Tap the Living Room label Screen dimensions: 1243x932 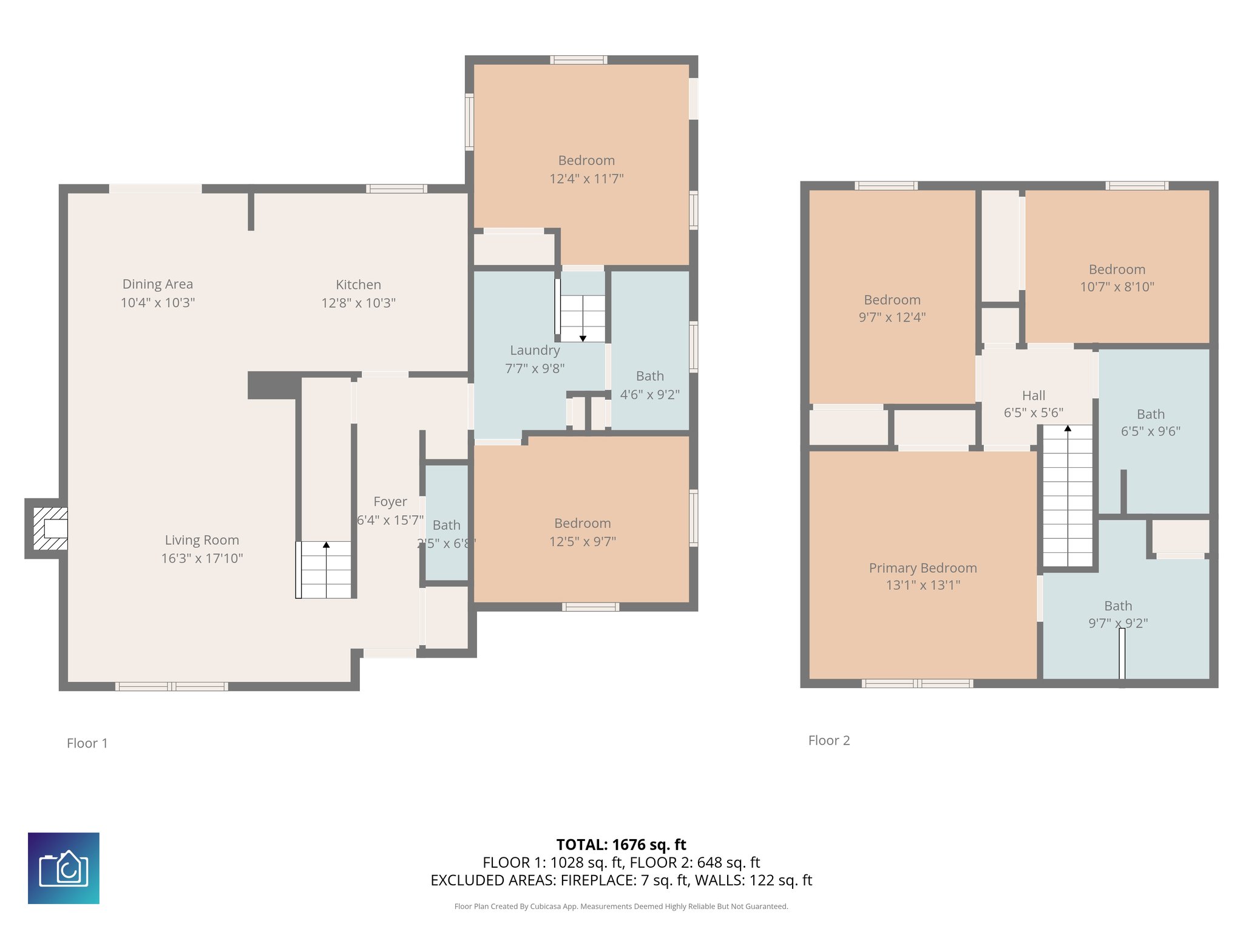(x=202, y=540)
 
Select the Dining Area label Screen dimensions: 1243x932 (x=158, y=284)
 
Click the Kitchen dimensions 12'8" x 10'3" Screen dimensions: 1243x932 (x=359, y=303)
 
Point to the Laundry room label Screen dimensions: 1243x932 (x=535, y=350)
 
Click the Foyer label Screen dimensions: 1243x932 (x=390, y=502)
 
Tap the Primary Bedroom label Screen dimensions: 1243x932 (x=923, y=568)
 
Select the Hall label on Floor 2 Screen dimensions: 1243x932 (x=1034, y=396)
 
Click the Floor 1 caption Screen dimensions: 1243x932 (x=87, y=743)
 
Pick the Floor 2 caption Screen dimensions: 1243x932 (x=829, y=740)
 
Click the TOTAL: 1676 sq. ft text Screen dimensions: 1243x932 (x=621, y=845)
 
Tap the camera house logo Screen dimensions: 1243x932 (x=64, y=868)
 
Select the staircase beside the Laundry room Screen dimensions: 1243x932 (x=582, y=319)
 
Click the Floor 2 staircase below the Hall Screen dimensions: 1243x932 (x=1068, y=496)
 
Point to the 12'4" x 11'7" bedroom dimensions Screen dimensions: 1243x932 (x=586, y=179)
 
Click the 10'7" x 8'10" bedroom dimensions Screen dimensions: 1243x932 (x=1117, y=287)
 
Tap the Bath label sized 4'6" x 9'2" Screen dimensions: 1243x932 (x=650, y=376)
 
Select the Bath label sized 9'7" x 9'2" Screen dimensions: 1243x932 (x=1118, y=606)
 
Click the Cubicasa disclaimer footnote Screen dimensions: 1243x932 (x=621, y=907)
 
